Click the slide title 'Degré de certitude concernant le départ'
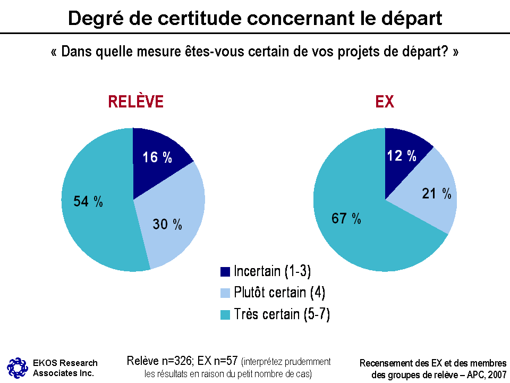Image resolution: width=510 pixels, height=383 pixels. [255, 18]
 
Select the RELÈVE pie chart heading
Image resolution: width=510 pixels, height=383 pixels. [135, 102]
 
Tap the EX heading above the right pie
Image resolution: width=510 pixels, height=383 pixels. [385, 102]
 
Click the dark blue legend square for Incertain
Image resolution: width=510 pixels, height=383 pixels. [225, 271]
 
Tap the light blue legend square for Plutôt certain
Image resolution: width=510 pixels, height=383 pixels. [225, 293]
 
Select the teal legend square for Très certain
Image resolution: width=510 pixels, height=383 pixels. [225, 315]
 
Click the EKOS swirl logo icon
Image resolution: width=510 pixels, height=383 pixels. [17, 367]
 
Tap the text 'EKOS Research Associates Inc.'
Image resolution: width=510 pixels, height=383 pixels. [65, 368]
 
